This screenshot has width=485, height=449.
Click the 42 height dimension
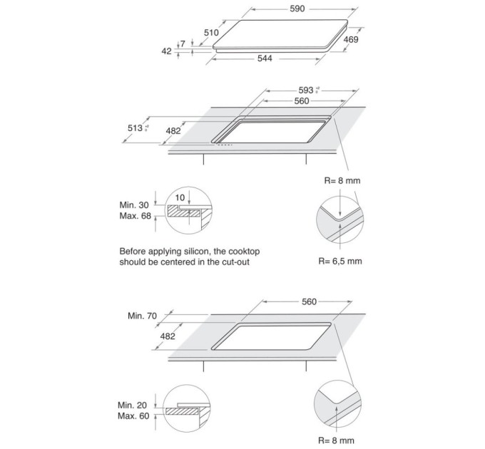[167, 51]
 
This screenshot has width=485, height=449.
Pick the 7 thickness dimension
[183, 44]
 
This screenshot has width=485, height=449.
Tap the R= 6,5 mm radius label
[339, 262]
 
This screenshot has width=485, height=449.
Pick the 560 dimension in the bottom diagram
[308, 302]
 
